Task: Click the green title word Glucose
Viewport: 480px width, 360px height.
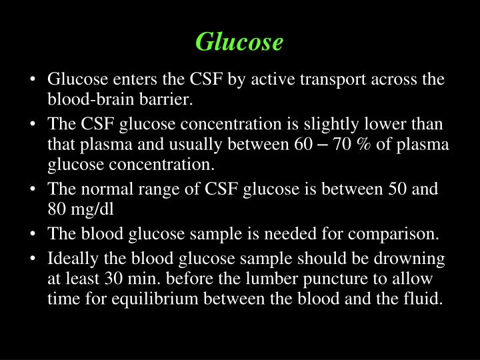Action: pos(239,42)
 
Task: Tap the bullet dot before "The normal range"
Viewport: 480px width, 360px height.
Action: pos(33,189)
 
